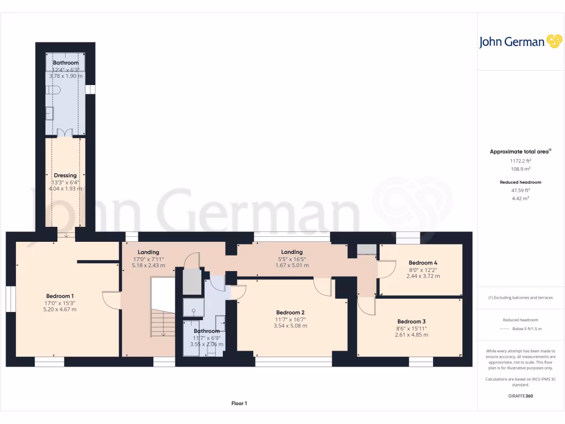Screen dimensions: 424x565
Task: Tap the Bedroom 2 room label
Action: [x=290, y=312]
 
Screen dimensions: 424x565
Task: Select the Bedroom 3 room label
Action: [x=411, y=321]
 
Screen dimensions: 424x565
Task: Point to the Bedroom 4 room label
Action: [x=423, y=263]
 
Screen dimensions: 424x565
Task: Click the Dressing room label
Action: [x=65, y=176]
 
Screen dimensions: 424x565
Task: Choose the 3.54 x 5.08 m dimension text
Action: [x=290, y=326]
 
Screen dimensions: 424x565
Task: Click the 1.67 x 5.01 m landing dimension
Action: [x=292, y=265]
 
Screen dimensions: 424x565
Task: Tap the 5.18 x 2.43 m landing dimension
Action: [x=148, y=265]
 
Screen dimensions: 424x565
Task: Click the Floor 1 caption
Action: [x=239, y=404]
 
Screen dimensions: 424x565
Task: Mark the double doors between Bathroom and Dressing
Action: [x=65, y=132]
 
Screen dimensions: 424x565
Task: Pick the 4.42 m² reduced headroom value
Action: [x=520, y=198]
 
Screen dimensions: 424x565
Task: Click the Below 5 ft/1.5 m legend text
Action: [x=527, y=328]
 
